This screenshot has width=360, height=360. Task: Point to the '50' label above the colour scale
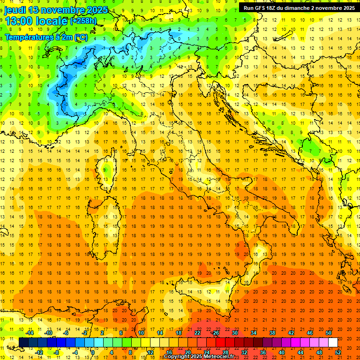coord(329,333)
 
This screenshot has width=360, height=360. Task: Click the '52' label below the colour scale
coord(338,352)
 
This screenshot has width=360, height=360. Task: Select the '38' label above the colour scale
coord(272,333)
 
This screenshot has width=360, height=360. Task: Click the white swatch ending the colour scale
coord(333,343)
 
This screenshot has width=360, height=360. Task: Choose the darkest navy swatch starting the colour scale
coord(23,343)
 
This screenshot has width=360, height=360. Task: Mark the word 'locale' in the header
coord(52,21)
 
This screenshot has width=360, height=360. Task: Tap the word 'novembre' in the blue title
coord(63,10)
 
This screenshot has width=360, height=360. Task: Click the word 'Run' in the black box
coord(248,8)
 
